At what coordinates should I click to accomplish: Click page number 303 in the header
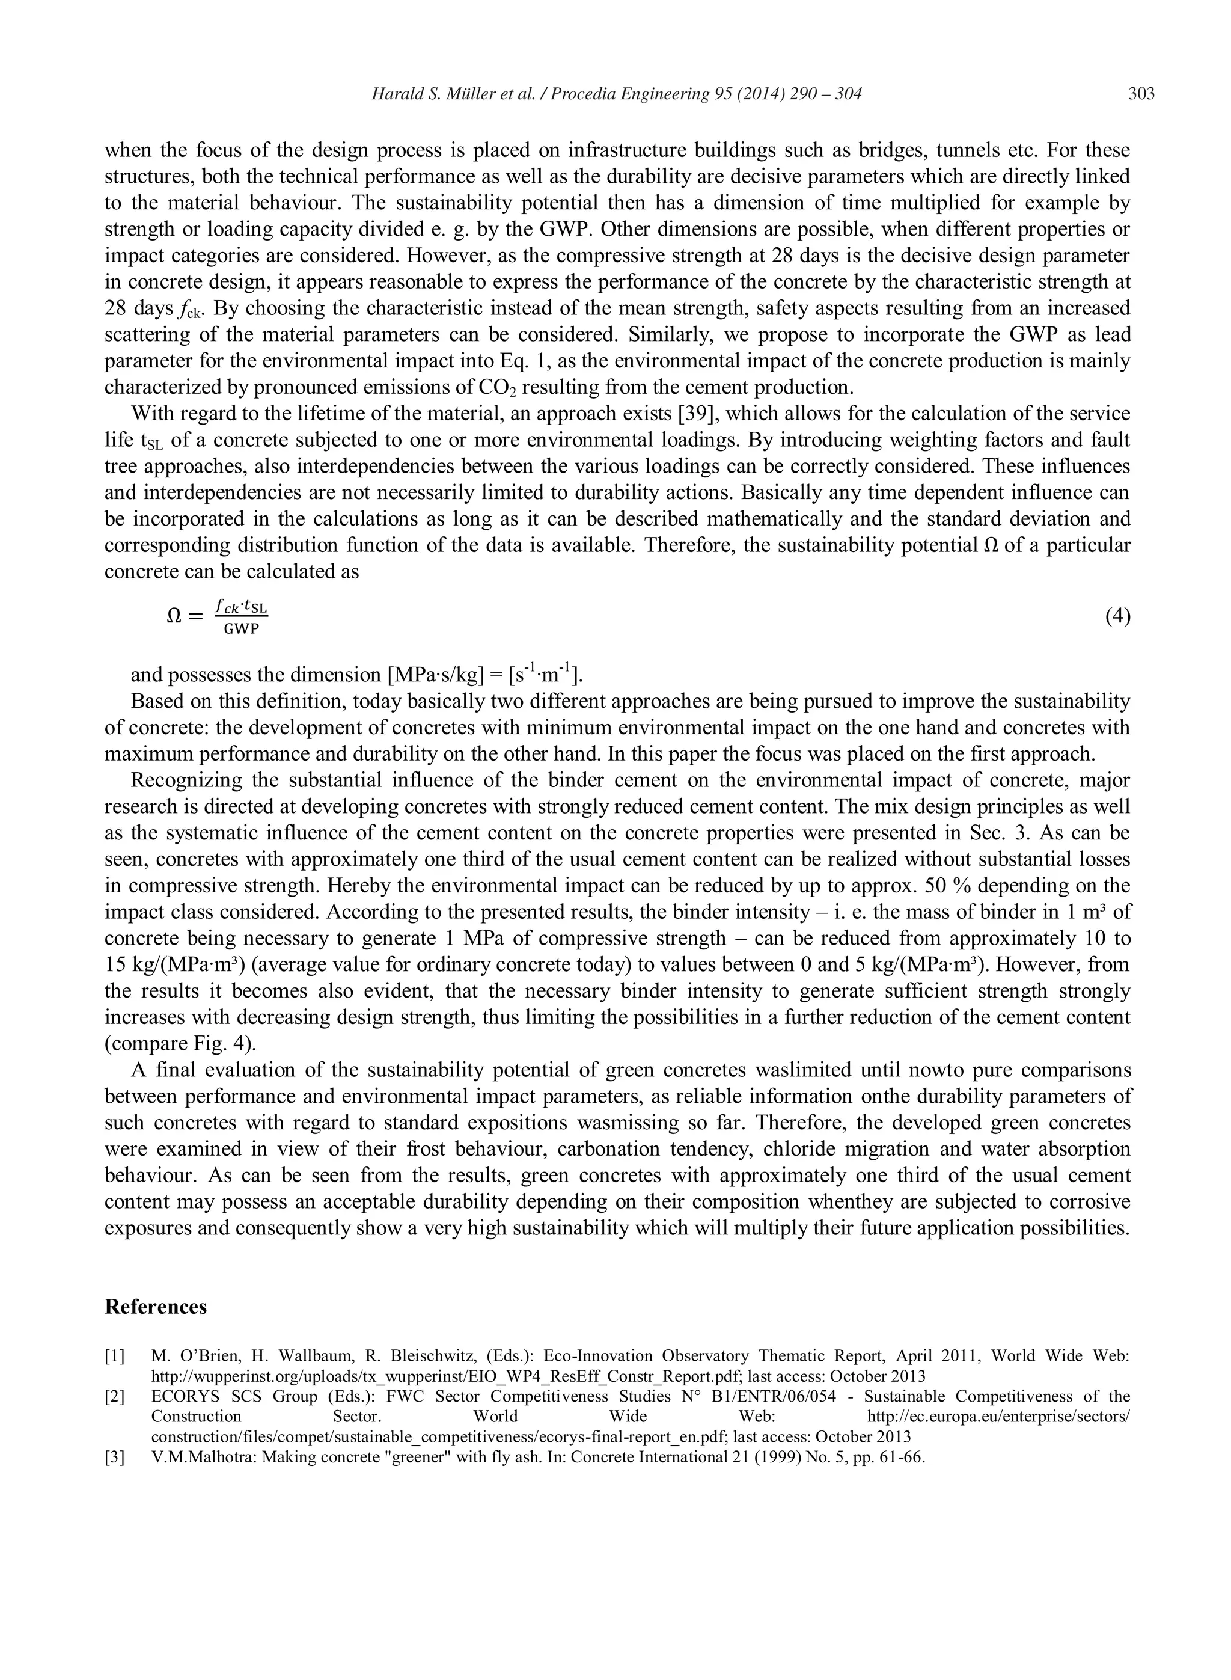tap(1141, 94)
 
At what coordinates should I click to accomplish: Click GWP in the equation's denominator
tap(242, 628)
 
